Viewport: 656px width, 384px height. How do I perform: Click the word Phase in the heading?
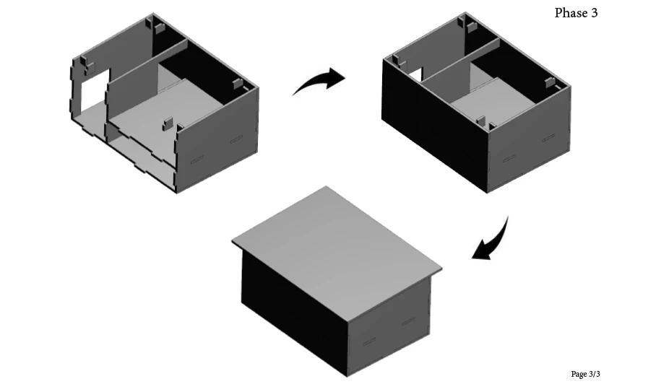click(570, 13)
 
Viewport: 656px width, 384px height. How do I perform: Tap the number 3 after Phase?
click(594, 13)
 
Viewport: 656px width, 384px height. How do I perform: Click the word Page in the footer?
click(579, 374)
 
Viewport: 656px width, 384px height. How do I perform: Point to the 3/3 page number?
click(595, 374)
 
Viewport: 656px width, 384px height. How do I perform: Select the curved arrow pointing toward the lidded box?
click(496, 243)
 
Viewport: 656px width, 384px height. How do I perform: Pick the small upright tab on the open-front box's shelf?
click(168, 123)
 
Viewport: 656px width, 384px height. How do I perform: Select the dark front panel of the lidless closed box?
click(435, 126)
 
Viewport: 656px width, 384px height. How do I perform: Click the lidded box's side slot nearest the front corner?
click(368, 342)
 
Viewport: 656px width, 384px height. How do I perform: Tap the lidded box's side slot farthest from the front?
click(408, 321)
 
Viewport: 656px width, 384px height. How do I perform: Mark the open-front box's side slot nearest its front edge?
click(197, 160)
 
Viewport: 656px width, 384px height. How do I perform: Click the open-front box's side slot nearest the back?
click(236, 139)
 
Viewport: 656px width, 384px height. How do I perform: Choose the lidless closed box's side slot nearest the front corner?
click(509, 158)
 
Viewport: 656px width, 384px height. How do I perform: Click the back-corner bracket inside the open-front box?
click(158, 28)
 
